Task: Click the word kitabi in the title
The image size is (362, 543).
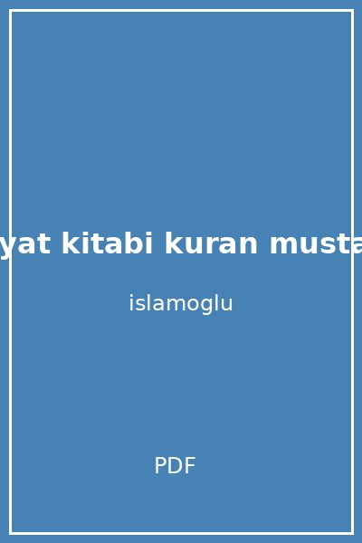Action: (x=106, y=244)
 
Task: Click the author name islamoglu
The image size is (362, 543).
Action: (x=181, y=304)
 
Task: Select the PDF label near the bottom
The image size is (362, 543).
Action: (x=175, y=466)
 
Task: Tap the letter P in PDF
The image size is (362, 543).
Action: (x=160, y=466)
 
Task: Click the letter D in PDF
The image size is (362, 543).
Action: (x=174, y=466)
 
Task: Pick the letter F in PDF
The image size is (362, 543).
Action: (x=188, y=466)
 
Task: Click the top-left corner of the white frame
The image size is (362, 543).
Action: (x=11, y=11)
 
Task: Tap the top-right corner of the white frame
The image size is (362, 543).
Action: (x=351, y=11)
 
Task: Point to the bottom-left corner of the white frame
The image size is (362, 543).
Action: (x=11, y=532)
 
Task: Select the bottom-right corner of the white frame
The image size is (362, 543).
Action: (x=351, y=532)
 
